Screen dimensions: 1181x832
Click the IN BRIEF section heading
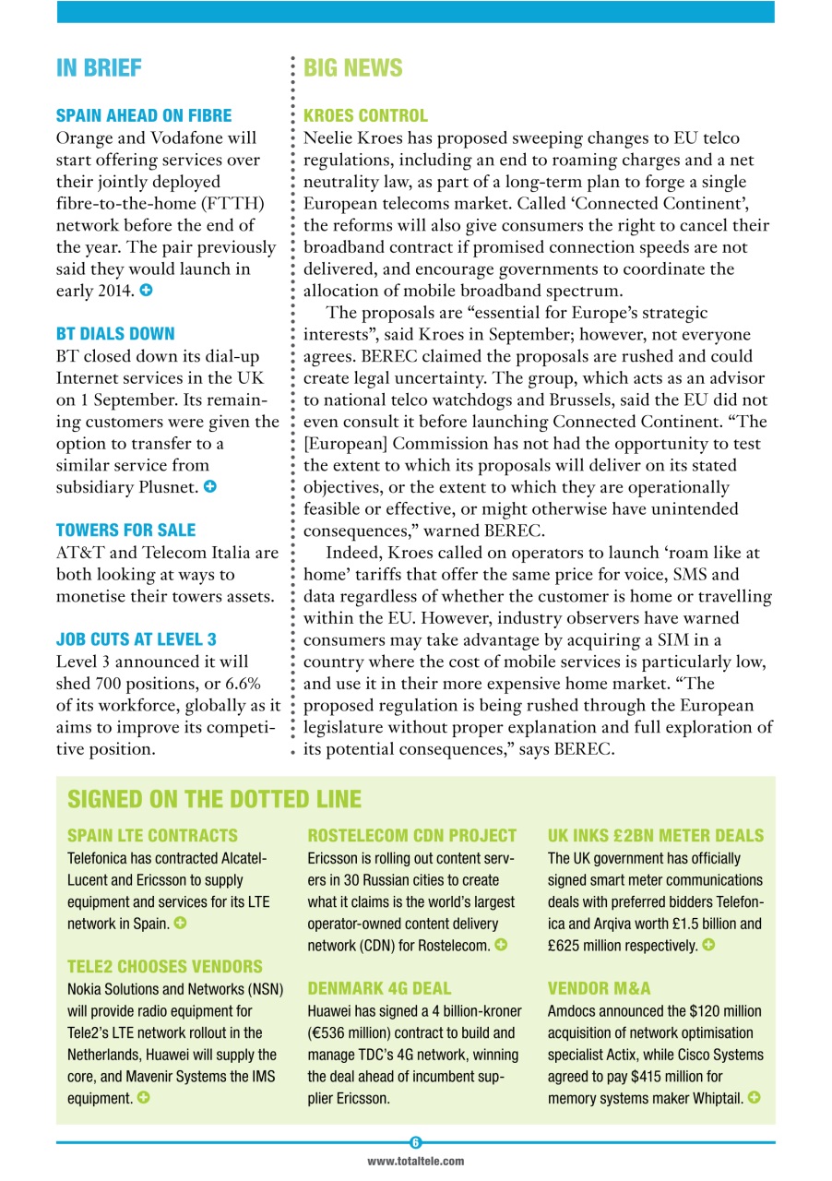99,68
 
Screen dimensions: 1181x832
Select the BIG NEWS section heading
353,68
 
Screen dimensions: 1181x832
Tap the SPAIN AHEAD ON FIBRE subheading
144,116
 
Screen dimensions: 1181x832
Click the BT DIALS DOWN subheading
115,333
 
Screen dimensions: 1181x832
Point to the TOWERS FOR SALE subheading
125,530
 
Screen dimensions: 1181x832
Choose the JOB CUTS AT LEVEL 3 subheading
137,638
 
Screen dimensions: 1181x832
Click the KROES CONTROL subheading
365,116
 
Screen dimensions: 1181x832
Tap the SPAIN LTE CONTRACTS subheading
152,836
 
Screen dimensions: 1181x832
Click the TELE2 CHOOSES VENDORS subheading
164,967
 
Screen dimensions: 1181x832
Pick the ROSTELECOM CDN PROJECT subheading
411,836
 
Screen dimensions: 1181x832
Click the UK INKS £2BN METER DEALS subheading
656,836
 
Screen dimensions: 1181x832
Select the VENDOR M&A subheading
599,988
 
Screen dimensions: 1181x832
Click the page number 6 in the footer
416,1142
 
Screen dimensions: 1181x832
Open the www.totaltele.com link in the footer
416,1162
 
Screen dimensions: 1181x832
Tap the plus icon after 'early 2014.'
146,291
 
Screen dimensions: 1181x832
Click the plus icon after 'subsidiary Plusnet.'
210,486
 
